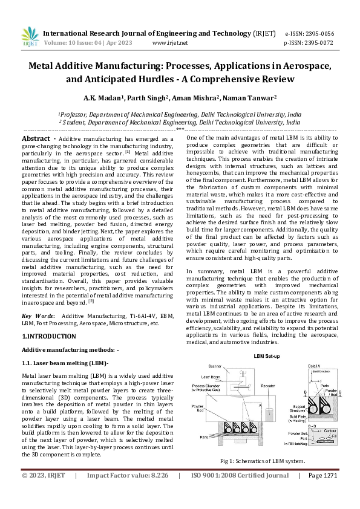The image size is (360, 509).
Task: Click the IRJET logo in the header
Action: click(x=30, y=37)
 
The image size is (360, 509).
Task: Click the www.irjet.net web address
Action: click(x=170, y=43)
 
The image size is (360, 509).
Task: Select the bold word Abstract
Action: click(x=36, y=138)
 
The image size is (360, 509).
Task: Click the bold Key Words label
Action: click(x=39, y=316)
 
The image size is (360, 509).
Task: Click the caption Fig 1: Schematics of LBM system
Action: click(x=263, y=461)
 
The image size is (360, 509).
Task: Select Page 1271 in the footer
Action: click(x=322, y=493)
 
